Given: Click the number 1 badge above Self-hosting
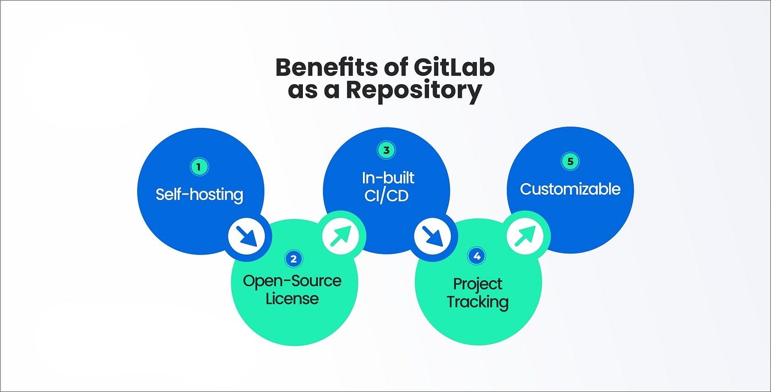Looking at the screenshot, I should (199, 166).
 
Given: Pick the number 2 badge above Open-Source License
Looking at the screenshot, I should (294, 258).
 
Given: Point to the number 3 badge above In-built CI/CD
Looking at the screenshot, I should (385, 150).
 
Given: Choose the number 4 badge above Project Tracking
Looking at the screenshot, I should (477, 256).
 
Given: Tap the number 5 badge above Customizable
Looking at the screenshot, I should (570, 161).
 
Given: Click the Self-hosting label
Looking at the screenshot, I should (199, 194).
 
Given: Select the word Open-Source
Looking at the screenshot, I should (292, 281).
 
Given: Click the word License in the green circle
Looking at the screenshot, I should (292, 299).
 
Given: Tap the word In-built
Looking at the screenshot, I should (388, 178).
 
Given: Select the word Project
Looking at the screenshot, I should (477, 284).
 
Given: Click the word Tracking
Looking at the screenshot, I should (477, 302).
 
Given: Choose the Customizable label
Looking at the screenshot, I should (570, 189).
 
